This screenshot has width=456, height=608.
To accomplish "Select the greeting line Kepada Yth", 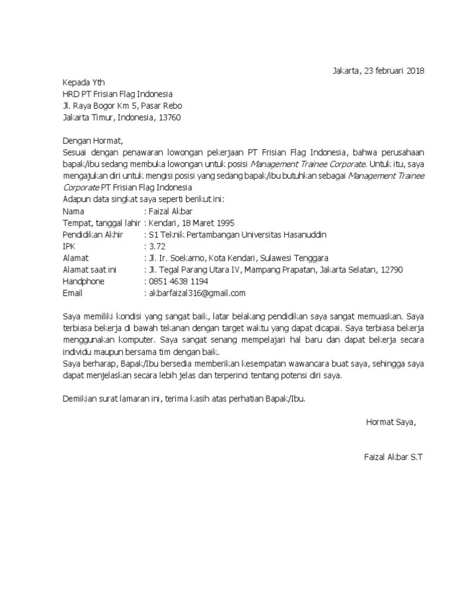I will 84,83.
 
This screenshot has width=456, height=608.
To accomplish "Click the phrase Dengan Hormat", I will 92,141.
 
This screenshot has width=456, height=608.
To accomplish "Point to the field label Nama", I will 74,211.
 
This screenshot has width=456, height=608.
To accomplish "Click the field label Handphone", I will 83,281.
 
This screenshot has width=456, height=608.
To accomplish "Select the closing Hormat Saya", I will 391,422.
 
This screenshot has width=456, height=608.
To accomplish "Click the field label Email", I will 72,293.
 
